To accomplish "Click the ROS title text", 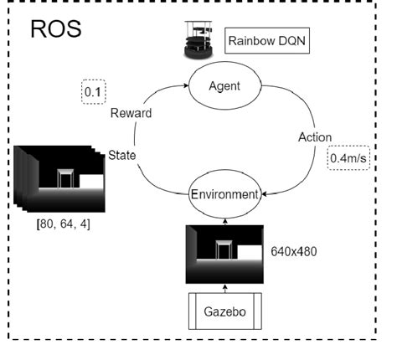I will coord(57,31).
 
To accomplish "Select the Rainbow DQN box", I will coord(267,39).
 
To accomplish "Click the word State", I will coord(124,155).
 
